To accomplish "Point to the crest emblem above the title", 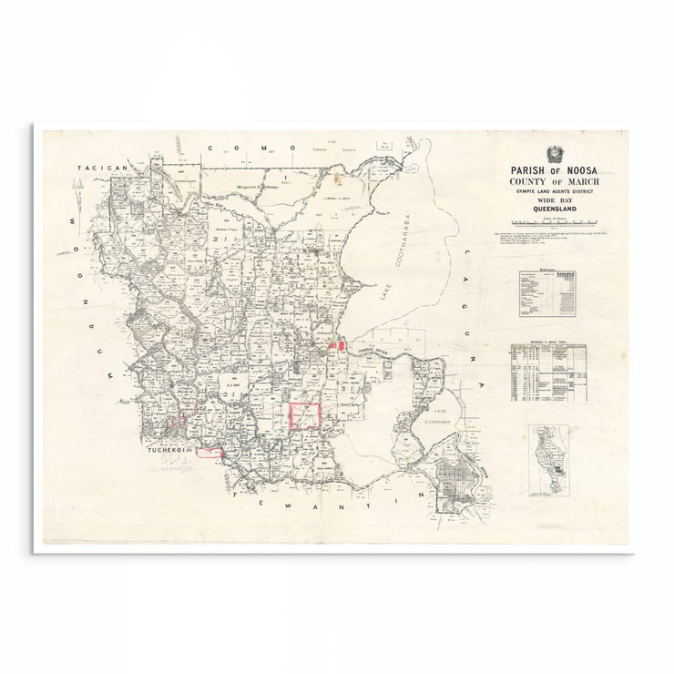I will pos(555,152).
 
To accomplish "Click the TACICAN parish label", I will pos(100,168).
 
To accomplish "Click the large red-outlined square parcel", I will pos(305,416).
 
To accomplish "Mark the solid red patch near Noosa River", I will pos(340,345).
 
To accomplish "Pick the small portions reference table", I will pos(547,372).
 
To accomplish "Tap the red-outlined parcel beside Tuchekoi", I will pos(209,451).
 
